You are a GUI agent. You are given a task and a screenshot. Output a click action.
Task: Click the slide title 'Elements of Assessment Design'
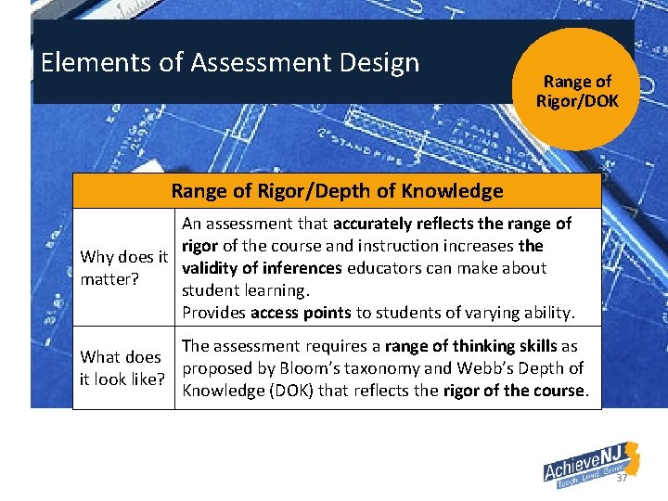(x=230, y=63)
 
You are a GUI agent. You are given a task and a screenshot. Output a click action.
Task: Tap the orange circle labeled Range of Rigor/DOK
(x=577, y=90)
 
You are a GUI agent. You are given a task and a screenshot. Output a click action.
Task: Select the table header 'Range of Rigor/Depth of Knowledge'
(x=337, y=192)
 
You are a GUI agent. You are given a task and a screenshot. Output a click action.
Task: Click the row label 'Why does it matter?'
(x=124, y=267)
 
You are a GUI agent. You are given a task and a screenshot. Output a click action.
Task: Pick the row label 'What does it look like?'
(x=122, y=367)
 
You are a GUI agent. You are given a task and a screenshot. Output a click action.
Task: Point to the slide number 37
(x=623, y=478)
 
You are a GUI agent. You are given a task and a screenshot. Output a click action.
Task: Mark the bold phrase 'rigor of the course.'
(x=515, y=391)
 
